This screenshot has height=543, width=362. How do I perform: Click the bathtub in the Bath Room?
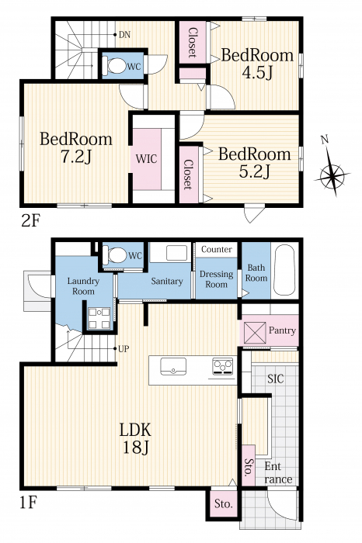(x=284, y=270)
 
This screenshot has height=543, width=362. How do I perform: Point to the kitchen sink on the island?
(x=173, y=366)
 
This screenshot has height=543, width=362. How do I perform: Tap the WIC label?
(x=146, y=159)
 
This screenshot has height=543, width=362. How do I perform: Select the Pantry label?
(x=282, y=330)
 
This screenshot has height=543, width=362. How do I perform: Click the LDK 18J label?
(x=136, y=439)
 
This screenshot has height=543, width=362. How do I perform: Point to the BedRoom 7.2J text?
(x=76, y=148)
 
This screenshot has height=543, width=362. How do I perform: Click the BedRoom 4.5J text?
(x=257, y=64)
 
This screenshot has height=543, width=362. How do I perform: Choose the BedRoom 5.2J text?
(x=254, y=163)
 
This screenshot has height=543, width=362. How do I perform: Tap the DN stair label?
(x=124, y=35)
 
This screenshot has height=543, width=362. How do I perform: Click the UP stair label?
(x=124, y=349)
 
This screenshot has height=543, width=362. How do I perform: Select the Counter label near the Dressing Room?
(x=217, y=249)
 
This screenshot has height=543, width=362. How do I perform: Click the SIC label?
(x=276, y=379)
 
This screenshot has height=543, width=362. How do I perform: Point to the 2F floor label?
(x=31, y=220)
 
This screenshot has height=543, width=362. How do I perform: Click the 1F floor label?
(x=28, y=503)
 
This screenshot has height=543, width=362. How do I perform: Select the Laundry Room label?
(x=83, y=286)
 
